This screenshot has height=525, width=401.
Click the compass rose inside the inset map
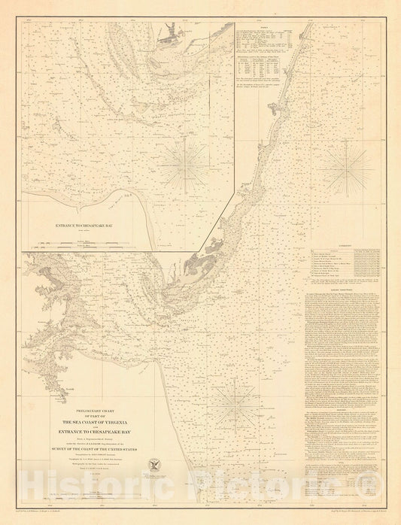point(181,161)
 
